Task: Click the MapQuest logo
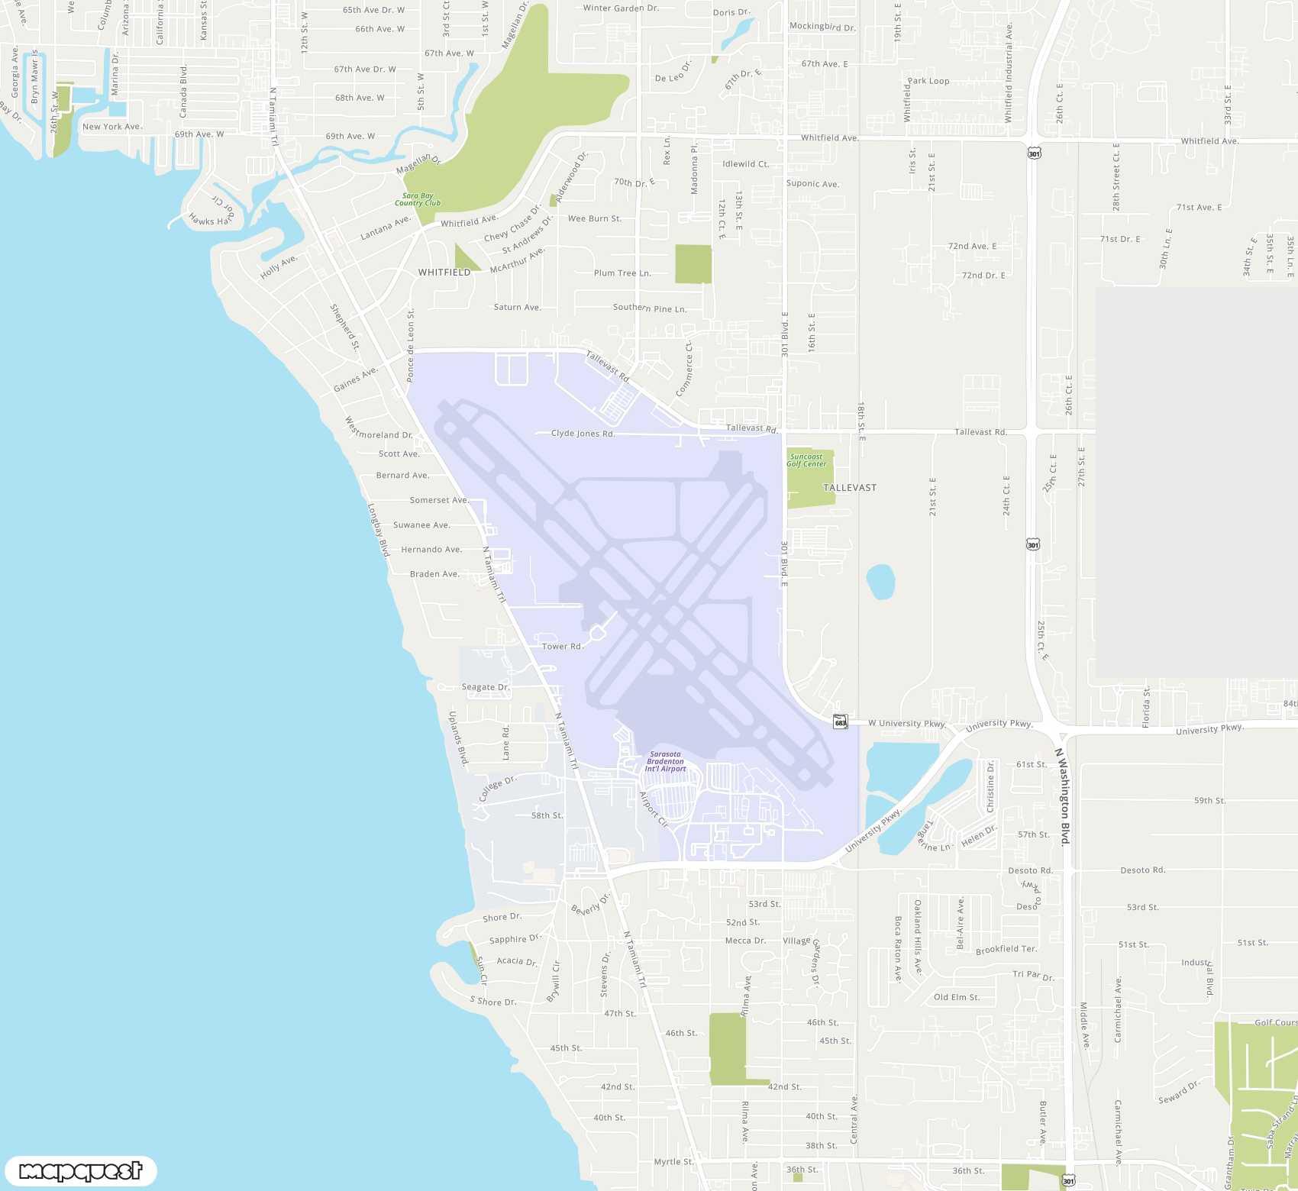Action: (80, 1170)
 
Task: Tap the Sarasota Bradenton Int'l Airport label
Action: (665, 762)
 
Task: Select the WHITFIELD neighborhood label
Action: (444, 273)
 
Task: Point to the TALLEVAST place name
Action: (850, 488)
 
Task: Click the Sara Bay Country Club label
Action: (418, 199)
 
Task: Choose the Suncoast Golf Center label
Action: (806, 460)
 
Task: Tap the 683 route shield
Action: (840, 722)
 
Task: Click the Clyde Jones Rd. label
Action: (583, 434)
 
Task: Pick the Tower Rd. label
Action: (562, 647)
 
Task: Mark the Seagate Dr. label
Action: (486, 687)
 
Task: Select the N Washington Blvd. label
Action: (1064, 796)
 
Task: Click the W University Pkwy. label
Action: (907, 724)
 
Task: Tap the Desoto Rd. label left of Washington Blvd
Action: (1030, 870)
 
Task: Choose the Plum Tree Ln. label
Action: (622, 273)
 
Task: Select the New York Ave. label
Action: (111, 127)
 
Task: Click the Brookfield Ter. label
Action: (1006, 950)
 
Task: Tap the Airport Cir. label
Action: (654, 809)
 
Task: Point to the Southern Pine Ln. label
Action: (650, 308)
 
